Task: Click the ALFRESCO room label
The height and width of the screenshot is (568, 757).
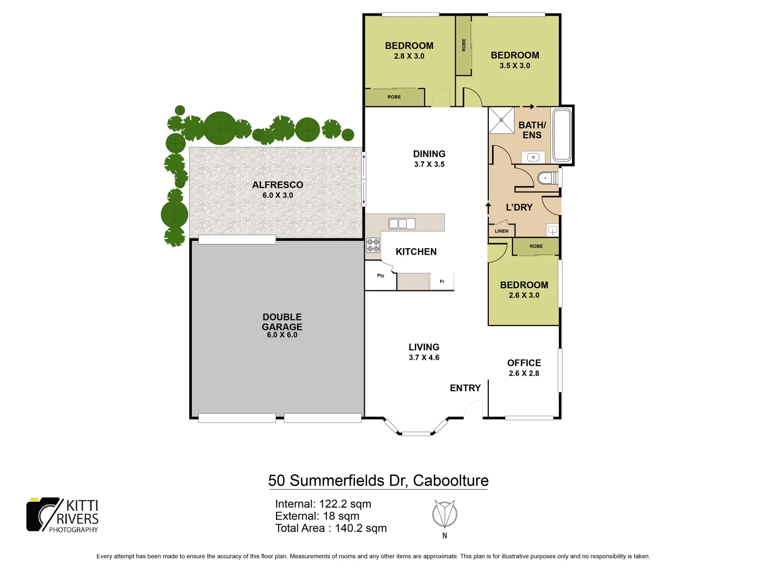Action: click(x=278, y=185)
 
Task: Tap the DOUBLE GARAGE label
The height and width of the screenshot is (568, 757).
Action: click(x=282, y=322)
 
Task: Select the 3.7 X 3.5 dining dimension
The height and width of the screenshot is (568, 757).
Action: click(x=429, y=164)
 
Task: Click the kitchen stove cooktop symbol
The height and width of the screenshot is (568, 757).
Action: click(x=373, y=245)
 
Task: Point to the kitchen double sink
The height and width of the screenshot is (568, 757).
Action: click(x=402, y=224)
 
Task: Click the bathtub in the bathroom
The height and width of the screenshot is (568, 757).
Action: click(x=561, y=135)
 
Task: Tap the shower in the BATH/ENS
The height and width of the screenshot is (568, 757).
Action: click(x=502, y=120)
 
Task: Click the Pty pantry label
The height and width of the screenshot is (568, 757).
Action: click(x=381, y=276)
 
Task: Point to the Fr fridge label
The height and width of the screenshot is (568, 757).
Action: click(x=442, y=281)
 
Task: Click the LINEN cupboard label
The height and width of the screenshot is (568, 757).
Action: click(x=502, y=231)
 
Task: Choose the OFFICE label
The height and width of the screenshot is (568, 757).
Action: click(x=524, y=363)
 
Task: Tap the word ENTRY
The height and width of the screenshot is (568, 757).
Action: click(x=465, y=388)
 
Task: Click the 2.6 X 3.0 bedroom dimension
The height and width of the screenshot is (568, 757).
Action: click(x=524, y=295)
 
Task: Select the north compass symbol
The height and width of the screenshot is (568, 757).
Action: click(x=444, y=514)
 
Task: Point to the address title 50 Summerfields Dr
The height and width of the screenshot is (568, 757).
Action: click(x=378, y=480)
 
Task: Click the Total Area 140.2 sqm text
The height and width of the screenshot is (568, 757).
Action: click(x=331, y=528)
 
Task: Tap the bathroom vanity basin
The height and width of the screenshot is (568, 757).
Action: click(x=533, y=157)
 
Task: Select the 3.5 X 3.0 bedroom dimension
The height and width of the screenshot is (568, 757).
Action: click(x=515, y=66)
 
